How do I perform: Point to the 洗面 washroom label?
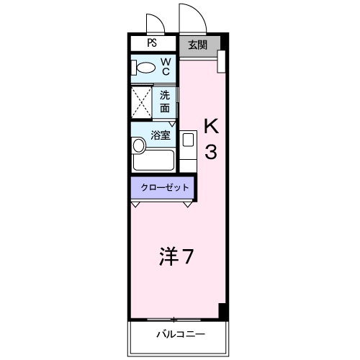[165, 101]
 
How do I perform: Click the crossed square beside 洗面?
[141, 102]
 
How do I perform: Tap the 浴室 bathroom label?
[161, 134]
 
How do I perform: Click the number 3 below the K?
[211, 152]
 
